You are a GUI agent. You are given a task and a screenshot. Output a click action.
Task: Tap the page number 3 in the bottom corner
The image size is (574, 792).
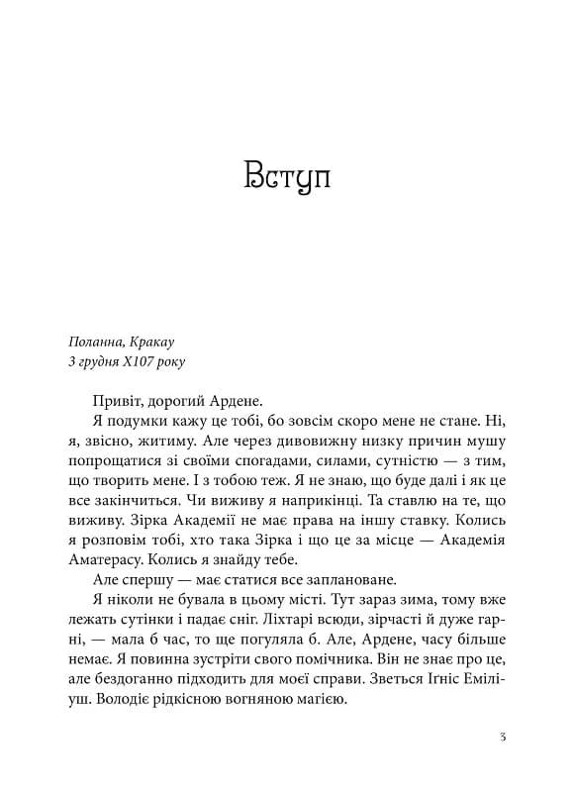tap(504, 737)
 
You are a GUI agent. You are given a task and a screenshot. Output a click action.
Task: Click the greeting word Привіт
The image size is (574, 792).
tap(123, 401)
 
